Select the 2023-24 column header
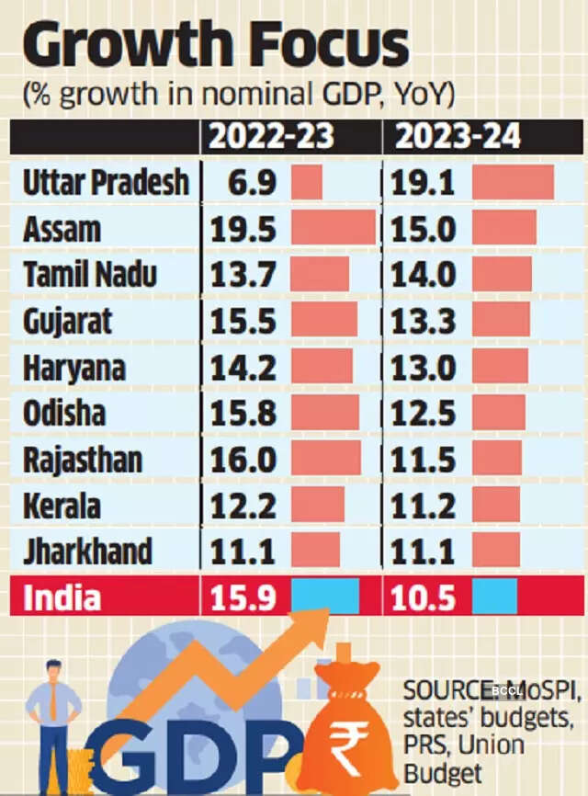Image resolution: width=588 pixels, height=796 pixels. coord(458,136)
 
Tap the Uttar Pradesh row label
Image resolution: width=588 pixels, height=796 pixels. coord(106,182)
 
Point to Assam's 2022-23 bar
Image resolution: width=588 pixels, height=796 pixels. coord(333,228)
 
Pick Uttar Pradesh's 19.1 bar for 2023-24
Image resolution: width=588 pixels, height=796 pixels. coord(513,182)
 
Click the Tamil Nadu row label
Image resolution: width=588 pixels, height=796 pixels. coord(90,275)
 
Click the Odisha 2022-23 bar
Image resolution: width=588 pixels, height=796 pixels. coord(325,414)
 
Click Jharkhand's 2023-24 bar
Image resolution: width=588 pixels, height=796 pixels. coord(496,552)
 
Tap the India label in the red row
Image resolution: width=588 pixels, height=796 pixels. coord(62,598)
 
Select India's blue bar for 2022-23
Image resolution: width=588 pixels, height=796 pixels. coord(325,597)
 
